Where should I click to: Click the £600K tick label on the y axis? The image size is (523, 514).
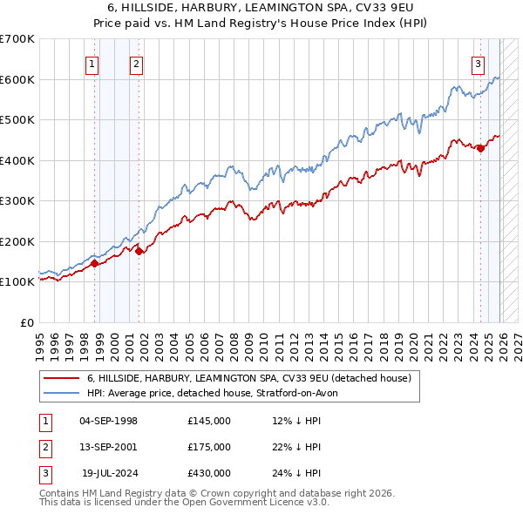point(17,79)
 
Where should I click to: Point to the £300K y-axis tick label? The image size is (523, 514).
point(17,200)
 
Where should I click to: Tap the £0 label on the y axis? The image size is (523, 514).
point(26,322)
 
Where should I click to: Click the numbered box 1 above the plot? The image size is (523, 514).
point(92,63)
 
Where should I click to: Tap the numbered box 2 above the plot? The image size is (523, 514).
point(137,63)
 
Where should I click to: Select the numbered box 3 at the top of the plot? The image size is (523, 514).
point(479,63)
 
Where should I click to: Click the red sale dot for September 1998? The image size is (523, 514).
point(94,264)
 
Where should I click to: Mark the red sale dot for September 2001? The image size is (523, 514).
point(139,252)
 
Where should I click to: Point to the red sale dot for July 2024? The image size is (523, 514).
point(480,148)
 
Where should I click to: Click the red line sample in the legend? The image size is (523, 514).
point(61,379)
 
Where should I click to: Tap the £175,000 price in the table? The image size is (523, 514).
point(209,447)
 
